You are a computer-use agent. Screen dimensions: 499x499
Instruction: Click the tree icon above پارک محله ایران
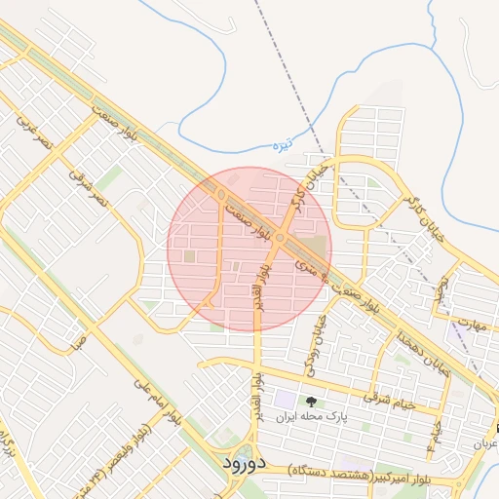312,401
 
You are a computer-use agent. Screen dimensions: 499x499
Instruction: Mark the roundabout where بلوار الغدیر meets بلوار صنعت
280,238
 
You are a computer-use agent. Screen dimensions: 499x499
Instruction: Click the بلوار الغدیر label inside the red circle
263,284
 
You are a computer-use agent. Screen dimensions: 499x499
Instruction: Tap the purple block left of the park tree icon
284,400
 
